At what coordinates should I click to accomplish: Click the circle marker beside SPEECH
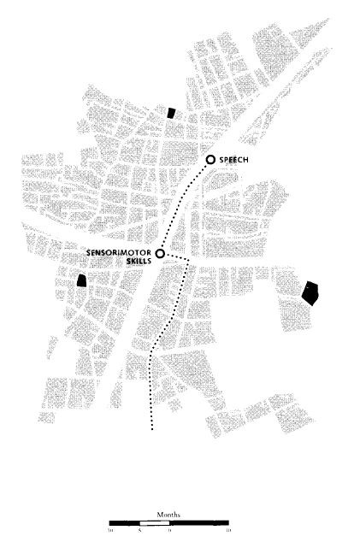tap(211, 161)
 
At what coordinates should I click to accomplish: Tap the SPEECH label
tap(233, 161)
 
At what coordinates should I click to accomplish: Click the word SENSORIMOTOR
tap(121, 254)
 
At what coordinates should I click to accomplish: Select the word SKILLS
tap(139, 263)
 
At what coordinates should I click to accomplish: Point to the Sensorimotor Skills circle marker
tap(160, 253)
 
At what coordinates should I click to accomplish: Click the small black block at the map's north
tap(171, 112)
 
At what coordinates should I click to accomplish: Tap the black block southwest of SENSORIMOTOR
tap(82, 280)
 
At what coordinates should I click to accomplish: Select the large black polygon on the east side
tap(310, 292)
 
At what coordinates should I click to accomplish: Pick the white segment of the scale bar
tap(154, 521)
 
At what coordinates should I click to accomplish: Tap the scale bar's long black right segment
tap(199, 521)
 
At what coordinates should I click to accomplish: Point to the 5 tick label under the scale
tap(139, 531)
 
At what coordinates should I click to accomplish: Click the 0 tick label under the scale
tap(169, 531)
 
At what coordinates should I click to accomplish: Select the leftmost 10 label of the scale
tap(110, 531)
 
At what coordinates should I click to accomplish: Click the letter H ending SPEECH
tap(246, 161)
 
